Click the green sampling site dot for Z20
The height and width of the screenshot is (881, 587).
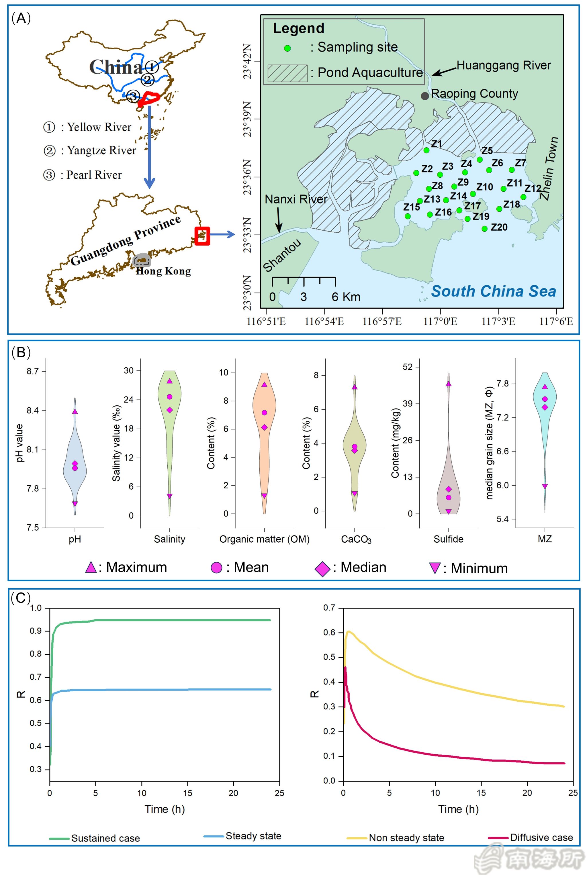point(484,229)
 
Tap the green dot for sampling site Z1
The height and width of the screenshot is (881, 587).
point(426,150)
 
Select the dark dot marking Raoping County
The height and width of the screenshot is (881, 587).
point(424,96)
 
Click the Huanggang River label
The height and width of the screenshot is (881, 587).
point(504,66)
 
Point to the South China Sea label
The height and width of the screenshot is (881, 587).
point(493,291)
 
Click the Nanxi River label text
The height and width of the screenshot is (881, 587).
point(296,199)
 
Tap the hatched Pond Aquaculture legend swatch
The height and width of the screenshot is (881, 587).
point(287,73)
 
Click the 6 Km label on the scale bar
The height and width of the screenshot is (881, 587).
point(346,297)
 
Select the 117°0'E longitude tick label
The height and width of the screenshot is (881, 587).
point(440,321)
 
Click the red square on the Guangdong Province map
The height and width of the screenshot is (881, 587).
point(202,236)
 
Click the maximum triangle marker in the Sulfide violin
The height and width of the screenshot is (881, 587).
point(449,384)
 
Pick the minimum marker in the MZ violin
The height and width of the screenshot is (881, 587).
point(545,486)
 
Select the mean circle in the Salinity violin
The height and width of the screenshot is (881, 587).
point(170,397)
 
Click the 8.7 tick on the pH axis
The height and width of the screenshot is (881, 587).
point(33,371)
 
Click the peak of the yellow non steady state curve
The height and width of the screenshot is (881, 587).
point(349,631)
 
